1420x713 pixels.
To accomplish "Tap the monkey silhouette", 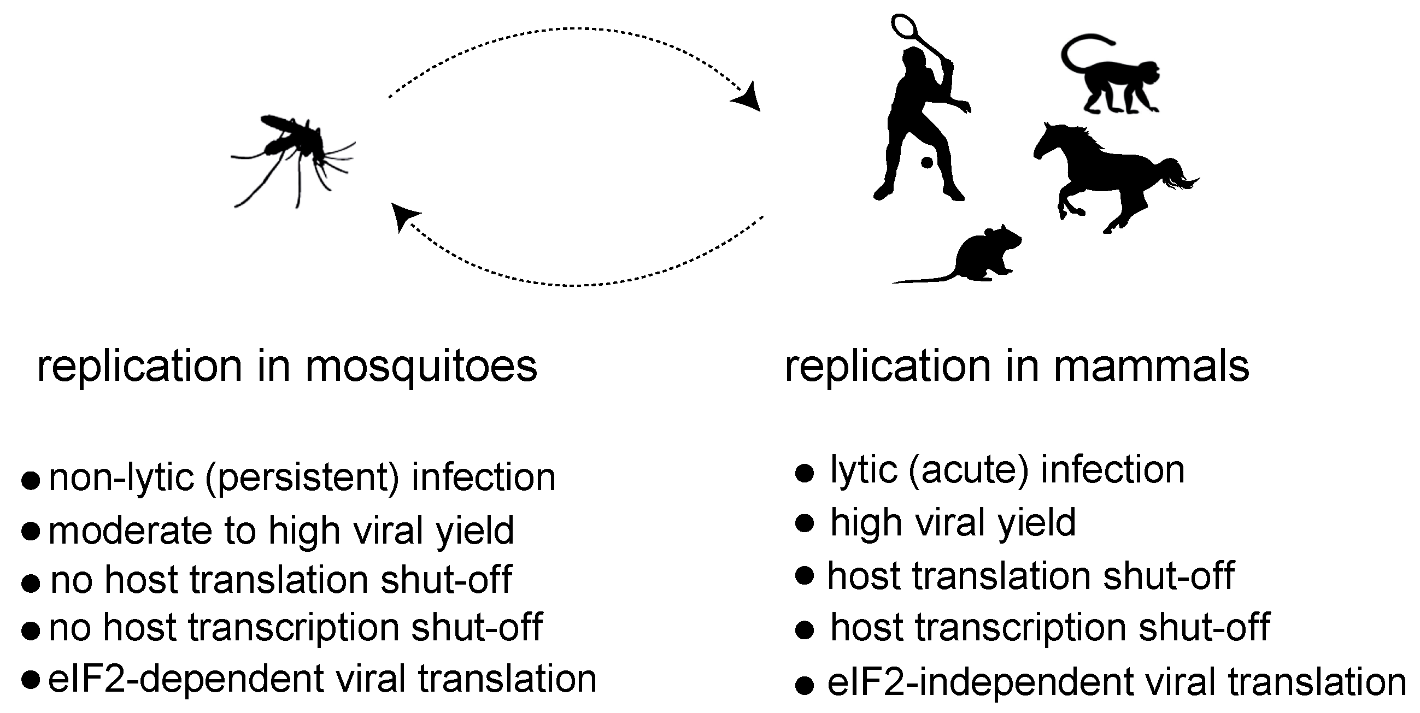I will [1119, 83].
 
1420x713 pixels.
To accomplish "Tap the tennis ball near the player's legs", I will [927, 163].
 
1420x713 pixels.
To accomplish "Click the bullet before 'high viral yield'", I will [804, 523].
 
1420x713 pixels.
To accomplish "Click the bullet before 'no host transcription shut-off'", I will [31, 630].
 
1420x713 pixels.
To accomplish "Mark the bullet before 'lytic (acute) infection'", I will [804, 473].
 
